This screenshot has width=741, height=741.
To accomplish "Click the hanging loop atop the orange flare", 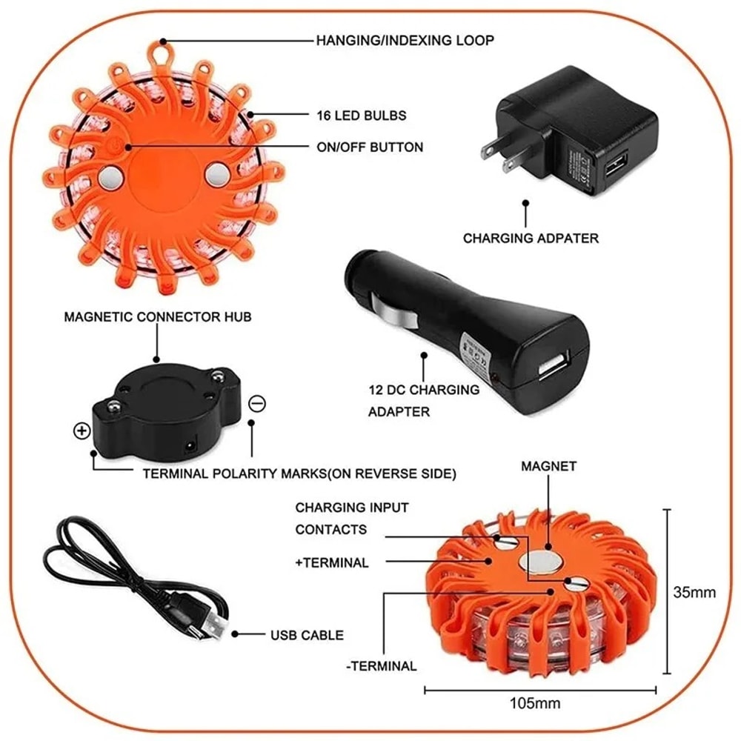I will [x=158, y=53].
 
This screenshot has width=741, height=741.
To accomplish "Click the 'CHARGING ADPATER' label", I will [x=531, y=239].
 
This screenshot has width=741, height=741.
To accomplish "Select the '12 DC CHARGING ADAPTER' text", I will [x=423, y=400].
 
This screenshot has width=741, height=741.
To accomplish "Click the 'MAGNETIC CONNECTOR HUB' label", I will [x=158, y=317].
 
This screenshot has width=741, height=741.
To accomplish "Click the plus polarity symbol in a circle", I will [x=81, y=431].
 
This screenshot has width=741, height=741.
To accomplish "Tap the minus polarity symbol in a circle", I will [x=257, y=404].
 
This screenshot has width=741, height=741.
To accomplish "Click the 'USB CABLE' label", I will [x=306, y=635].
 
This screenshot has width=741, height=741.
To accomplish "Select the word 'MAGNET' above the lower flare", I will [x=548, y=466].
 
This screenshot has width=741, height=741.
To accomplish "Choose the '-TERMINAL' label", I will [x=381, y=665].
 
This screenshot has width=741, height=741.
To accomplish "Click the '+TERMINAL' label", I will [x=331, y=563].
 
